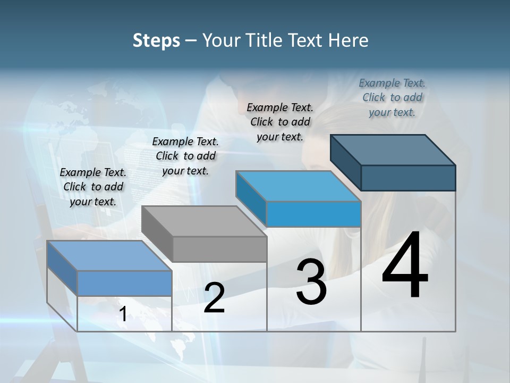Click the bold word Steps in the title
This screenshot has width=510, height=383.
pyautogui.click(x=156, y=40)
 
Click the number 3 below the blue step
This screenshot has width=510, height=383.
pyautogui.click(x=311, y=282)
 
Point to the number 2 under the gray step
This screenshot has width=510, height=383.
pyautogui.click(x=214, y=298)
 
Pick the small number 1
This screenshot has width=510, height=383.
pyautogui.click(x=123, y=314)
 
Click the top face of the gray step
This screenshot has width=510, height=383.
pyautogui.click(x=204, y=221)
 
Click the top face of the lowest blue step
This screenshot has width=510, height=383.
pyautogui.click(x=109, y=256)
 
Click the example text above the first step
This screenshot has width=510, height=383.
pyautogui.click(x=93, y=187)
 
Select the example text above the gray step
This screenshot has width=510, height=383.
pyautogui.click(x=185, y=156)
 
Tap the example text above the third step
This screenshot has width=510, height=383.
pyautogui.click(x=280, y=122)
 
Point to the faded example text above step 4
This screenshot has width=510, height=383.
pyautogui.click(x=392, y=97)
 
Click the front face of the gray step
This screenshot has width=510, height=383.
pyautogui.click(x=220, y=249)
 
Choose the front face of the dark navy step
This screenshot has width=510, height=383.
pyautogui.click(x=408, y=178)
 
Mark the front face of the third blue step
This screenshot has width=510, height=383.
pyautogui.click(x=313, y=214)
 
